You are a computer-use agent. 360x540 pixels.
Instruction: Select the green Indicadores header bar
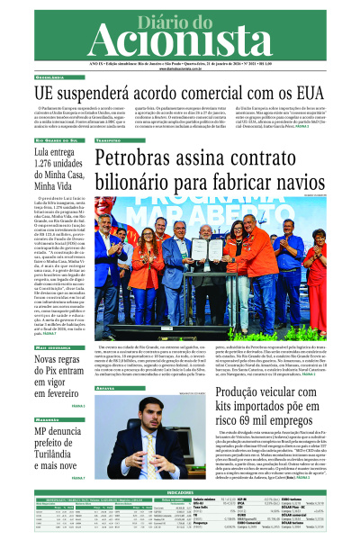click(180, 493)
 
